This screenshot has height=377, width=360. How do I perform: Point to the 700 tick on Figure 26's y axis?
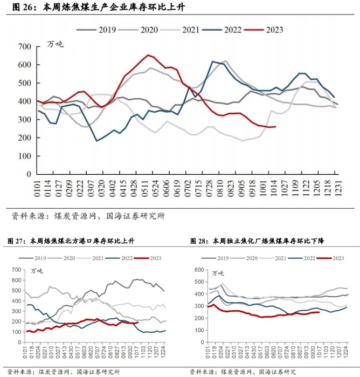(24, 47)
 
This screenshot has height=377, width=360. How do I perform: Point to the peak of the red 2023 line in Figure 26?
(148, 55)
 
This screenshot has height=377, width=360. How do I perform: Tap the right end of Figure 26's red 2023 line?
(275, 127)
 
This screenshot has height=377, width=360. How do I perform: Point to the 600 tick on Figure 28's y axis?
(198, 270)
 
